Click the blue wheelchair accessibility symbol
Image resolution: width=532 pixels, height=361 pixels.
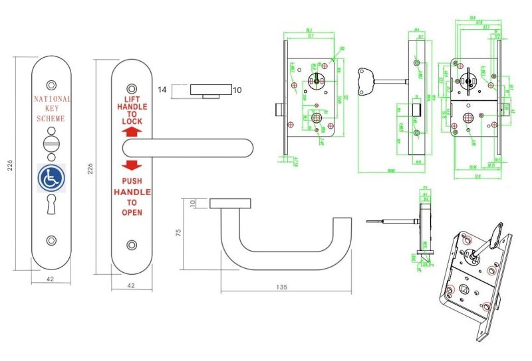pos(51,178)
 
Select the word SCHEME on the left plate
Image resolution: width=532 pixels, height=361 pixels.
pos(51,118)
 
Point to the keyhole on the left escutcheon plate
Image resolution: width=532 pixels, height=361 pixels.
pos(51,205)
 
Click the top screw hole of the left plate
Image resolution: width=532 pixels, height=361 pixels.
pos(51,86)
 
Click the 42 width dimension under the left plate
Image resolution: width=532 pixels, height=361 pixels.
pos(51,279)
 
